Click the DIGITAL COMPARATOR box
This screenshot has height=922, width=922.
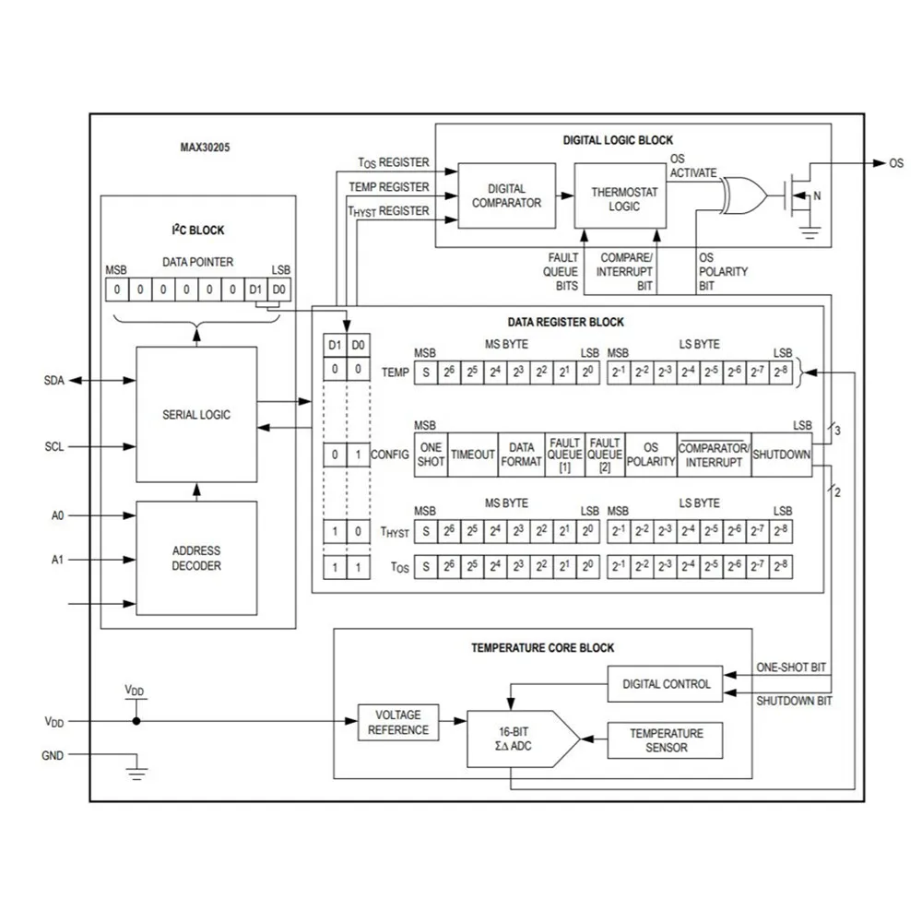(506, 195)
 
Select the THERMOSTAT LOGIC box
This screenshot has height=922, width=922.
(623, 195)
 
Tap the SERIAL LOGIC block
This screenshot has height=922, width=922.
(196, 414)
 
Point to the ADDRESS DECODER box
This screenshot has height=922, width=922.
(196, 558)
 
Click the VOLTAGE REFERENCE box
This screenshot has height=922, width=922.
(398, 722)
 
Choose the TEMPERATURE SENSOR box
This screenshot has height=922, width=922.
(665, 740)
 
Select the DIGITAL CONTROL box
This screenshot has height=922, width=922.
(666, 684)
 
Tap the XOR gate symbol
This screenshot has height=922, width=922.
(743, 194)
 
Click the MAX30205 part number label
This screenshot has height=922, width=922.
(205, 147)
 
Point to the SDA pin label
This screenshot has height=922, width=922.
(53, 381)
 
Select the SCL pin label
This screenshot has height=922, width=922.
(53, 447)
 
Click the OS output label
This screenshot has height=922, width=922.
(896, 163)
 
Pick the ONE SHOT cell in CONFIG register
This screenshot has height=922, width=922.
(431, 455)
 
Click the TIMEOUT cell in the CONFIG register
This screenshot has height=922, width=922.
(473, 455)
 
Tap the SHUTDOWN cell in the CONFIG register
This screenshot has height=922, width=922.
(782, 455)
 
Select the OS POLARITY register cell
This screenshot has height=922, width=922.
(651, 455)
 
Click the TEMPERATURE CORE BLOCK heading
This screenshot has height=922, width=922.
(543, 648)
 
